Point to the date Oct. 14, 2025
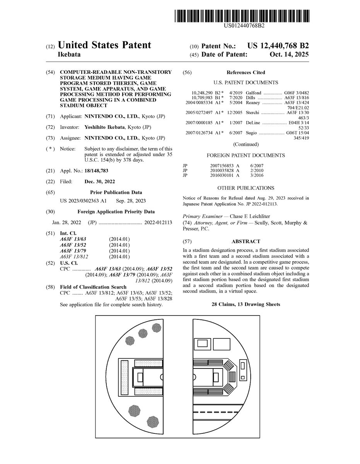pos(289,55)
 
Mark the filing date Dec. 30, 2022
pos(99,181)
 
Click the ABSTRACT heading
pos(246,241)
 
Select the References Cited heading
pos(246,72)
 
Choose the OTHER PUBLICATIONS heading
pos(246,188)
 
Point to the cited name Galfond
pos(254,93)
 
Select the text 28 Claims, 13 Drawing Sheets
pos(246,304)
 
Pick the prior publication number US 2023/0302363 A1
pos(83,201)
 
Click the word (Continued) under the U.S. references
pos(246,144)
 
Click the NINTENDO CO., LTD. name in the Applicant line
pos(107,116)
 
